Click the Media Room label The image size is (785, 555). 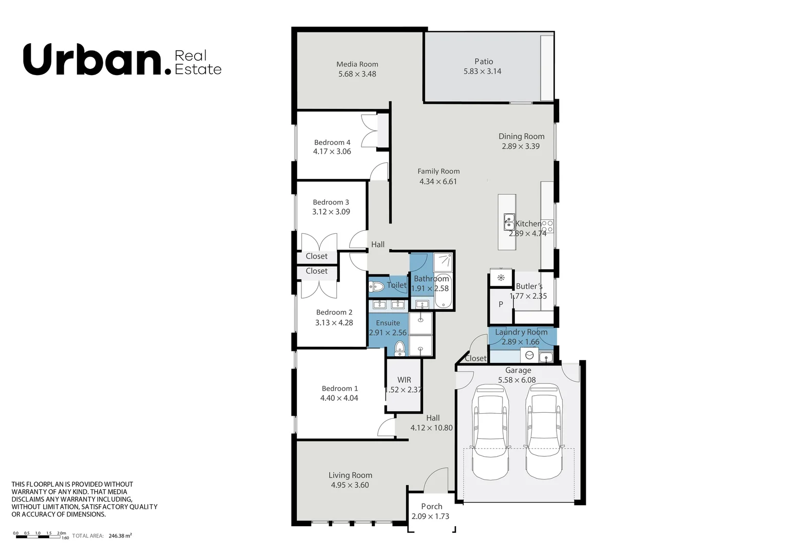coord(357,64)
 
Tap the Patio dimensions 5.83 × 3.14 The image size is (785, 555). coord(482,71)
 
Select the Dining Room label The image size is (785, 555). coord(521,136)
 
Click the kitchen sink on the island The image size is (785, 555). coord(509,222)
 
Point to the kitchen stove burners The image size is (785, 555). coord(547,226)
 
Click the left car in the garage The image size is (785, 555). coord(491,432)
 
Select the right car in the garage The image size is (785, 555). coord(544,432)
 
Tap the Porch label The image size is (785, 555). coord(431,506)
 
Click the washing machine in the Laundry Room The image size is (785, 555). coord(529,355)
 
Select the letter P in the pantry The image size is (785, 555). coord(501,304)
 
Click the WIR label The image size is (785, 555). coord(404,380)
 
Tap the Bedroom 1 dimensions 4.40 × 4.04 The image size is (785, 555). coord(339,398)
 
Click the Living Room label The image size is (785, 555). coord(350,475)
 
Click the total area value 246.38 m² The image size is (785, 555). coord(120,535)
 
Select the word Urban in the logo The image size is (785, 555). coord(92,60)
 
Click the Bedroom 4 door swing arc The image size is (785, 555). coord(379,171)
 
